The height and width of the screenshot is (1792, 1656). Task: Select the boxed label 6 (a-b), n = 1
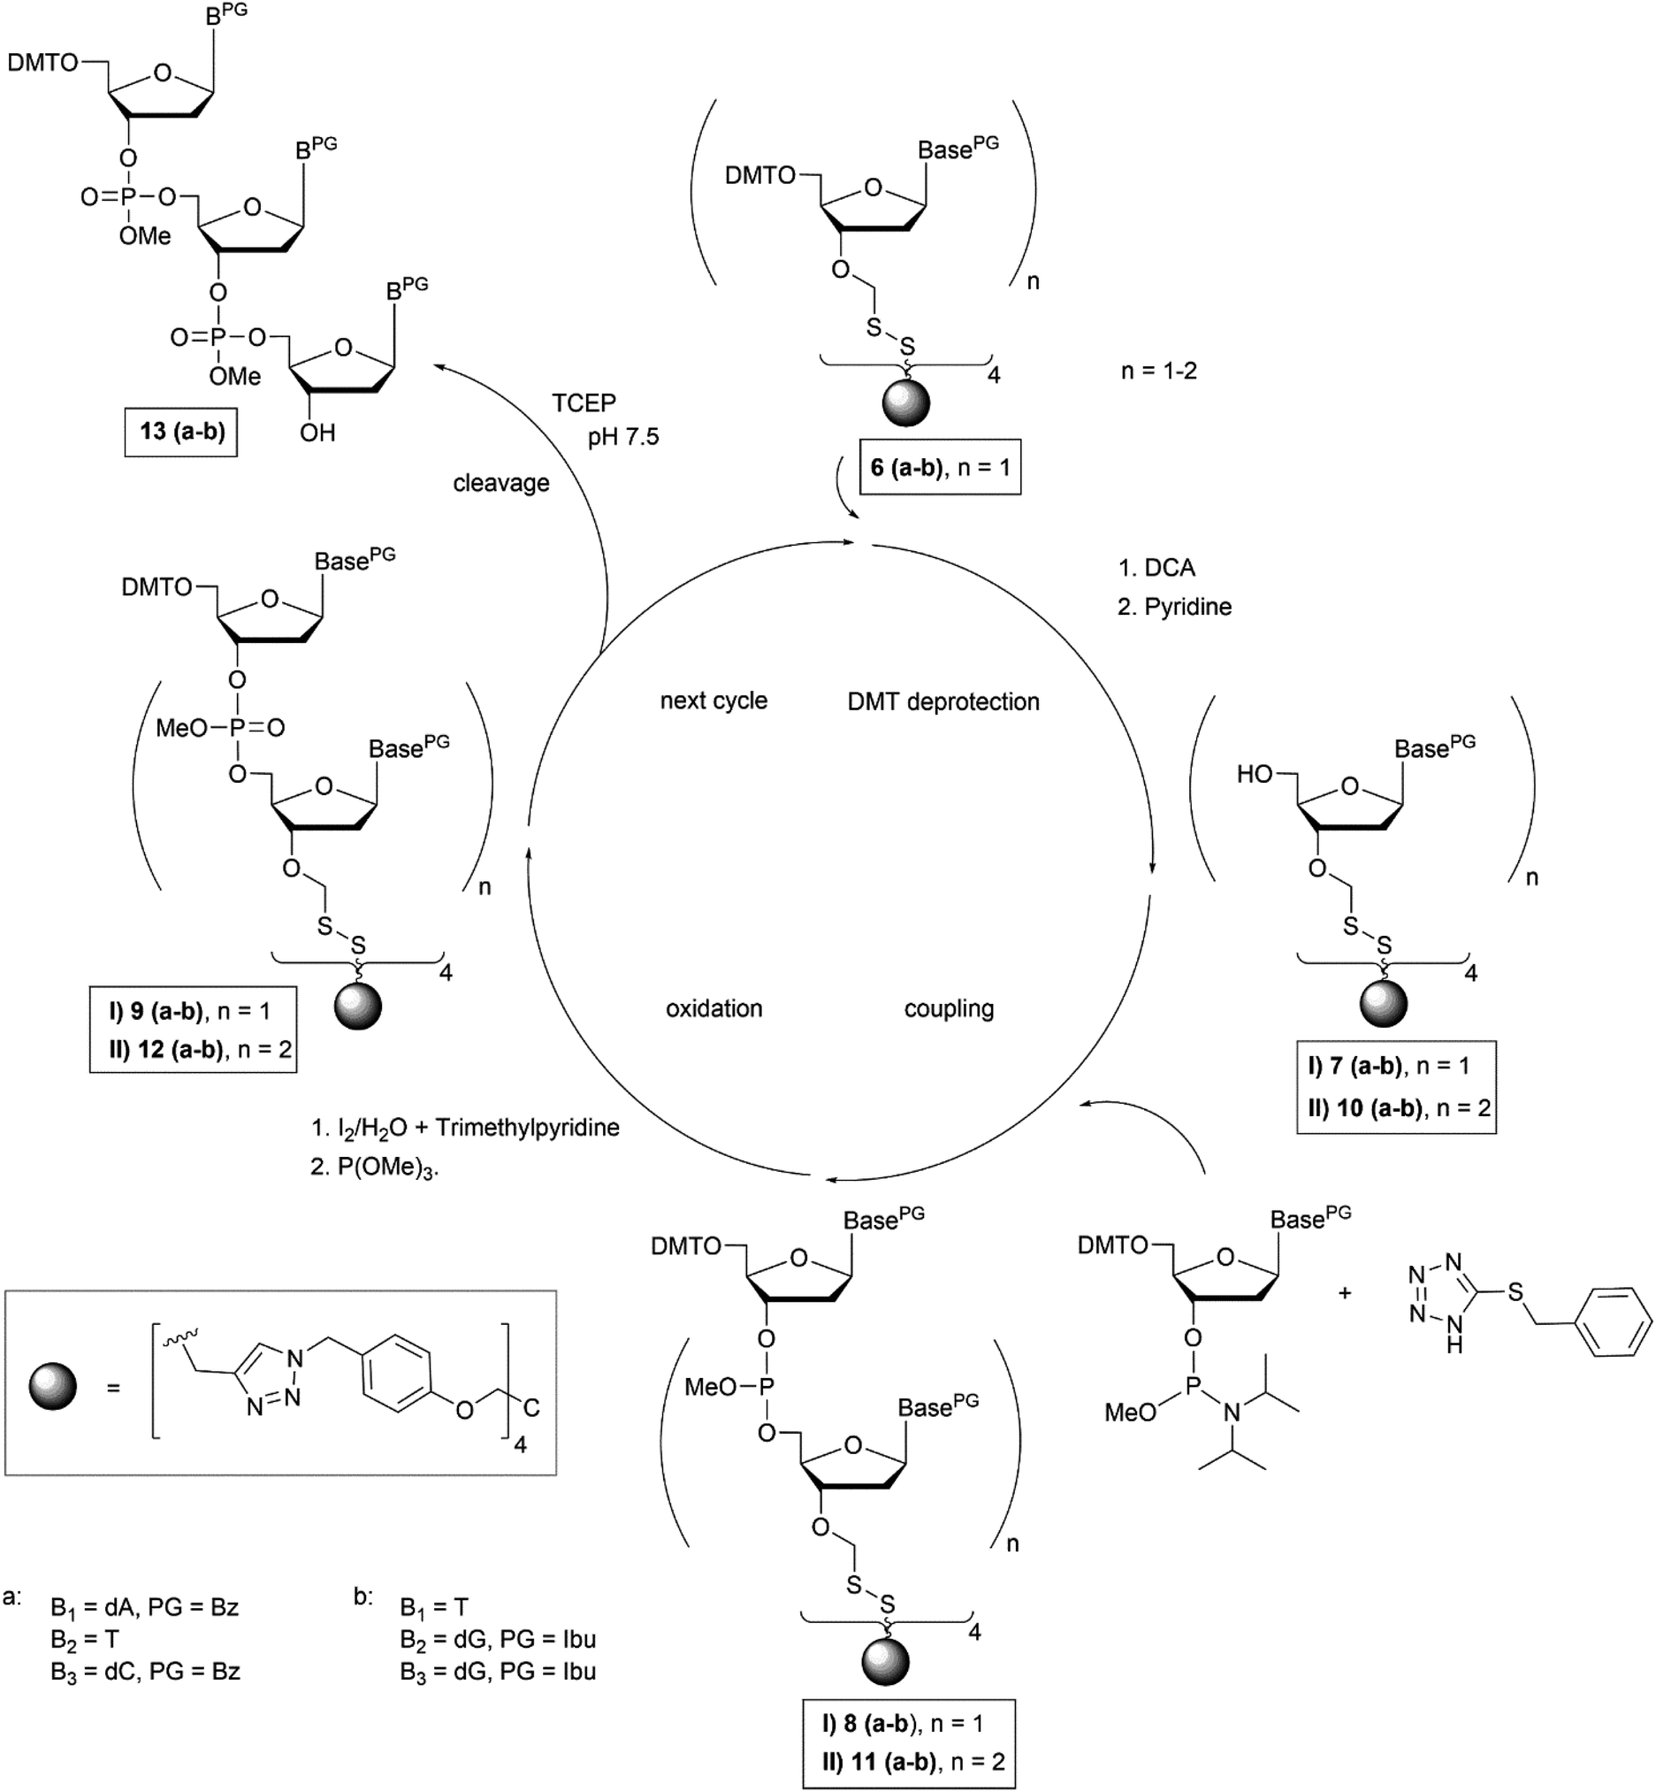939,467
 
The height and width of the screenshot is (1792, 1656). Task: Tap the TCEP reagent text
584,403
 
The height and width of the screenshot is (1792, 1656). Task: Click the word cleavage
501,483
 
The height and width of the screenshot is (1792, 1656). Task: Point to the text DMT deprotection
942,701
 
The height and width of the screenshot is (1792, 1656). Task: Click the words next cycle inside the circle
714,701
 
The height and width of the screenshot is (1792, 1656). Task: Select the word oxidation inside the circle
714,1008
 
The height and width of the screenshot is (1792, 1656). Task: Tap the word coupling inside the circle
949,1008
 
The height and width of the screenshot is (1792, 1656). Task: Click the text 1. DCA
1156,568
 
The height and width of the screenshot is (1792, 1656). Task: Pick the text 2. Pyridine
1174,607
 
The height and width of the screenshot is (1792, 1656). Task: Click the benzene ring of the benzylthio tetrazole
1613,1323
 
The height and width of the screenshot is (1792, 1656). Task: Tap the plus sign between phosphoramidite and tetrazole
1344,1293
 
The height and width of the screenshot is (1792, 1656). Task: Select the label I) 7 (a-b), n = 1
1388,1066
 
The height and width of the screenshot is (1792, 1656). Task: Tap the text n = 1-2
1158,371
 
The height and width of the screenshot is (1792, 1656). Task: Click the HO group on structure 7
1255,775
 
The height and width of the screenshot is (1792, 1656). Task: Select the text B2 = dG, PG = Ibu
498,1639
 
